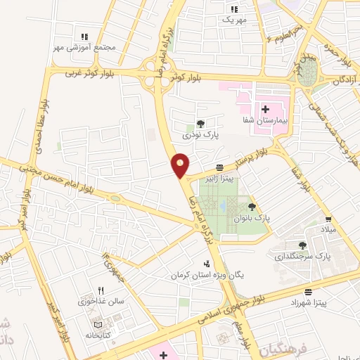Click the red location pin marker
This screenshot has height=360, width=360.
click(x=181, y=165)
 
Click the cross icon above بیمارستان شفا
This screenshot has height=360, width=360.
click(x=265, y=110)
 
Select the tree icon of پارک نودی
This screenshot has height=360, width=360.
click(x=200, y=122)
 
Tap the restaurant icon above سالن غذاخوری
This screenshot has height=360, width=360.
click(x=101, y=290)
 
